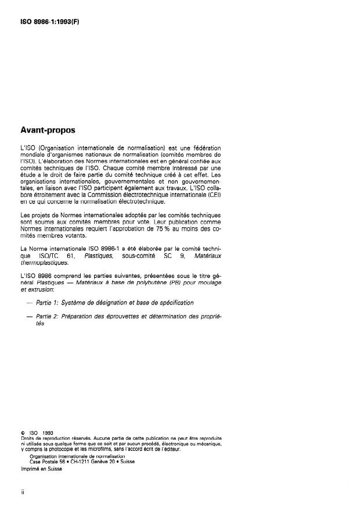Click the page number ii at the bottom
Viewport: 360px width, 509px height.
point(21,491)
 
